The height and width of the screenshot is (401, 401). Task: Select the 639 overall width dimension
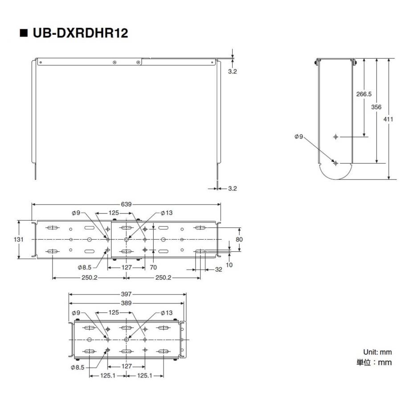click(127, 204)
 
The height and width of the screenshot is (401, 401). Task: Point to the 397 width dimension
click(127, 295)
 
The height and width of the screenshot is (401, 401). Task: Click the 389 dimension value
click(127, 303)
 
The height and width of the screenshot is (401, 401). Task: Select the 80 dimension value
click(240, 239)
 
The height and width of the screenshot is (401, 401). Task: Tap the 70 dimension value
click(154, 268)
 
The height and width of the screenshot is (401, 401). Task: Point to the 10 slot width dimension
click(229, 265)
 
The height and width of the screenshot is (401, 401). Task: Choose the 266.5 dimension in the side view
click(364, 94)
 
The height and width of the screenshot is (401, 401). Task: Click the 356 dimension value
click(376, 107)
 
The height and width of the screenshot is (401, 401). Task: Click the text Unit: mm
click(377, 352)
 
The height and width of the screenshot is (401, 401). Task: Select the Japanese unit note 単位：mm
click(374, 362)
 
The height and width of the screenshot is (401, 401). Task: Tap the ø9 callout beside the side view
click(299, 137)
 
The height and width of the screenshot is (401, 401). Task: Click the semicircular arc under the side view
click(336, 175)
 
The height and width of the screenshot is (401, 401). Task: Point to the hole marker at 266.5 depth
click(336, 137)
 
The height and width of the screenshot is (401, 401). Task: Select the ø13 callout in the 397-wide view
click(166, 313)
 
